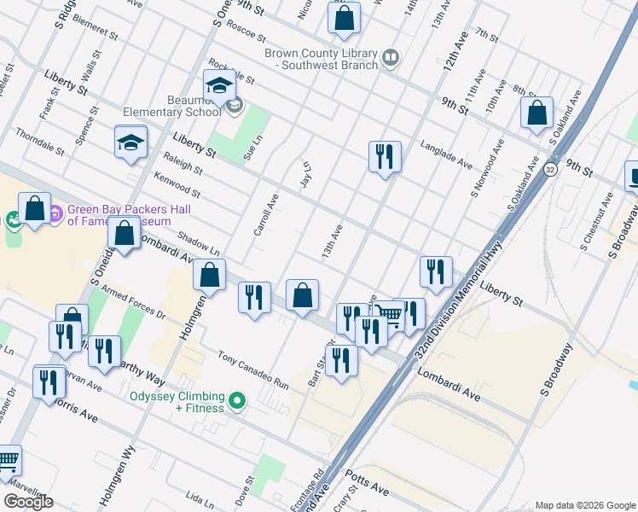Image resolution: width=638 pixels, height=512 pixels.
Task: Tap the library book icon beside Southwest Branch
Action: pyautogui.click(x=391, y=57)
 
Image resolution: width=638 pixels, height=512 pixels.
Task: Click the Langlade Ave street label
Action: pyautogui.click(x=446, y=154)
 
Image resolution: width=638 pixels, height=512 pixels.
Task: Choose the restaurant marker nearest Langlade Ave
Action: pyautogui.click(x=385, y=157)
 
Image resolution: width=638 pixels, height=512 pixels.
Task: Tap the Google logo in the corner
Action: pyautogui.click(x=28, y=501)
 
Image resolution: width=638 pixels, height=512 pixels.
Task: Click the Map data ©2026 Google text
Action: pyautogui.click(x=585, y=505)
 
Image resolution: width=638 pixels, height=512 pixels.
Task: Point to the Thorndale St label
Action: pyautogui.click(x=40, y=143)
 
